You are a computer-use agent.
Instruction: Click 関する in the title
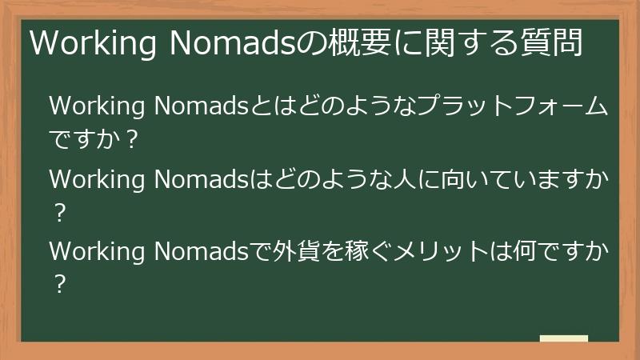pos(470,44)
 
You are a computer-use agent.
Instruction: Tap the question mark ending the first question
pos(133,139)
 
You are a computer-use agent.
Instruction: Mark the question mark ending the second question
pos(58,214)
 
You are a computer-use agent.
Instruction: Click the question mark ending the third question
pos(58,286)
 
